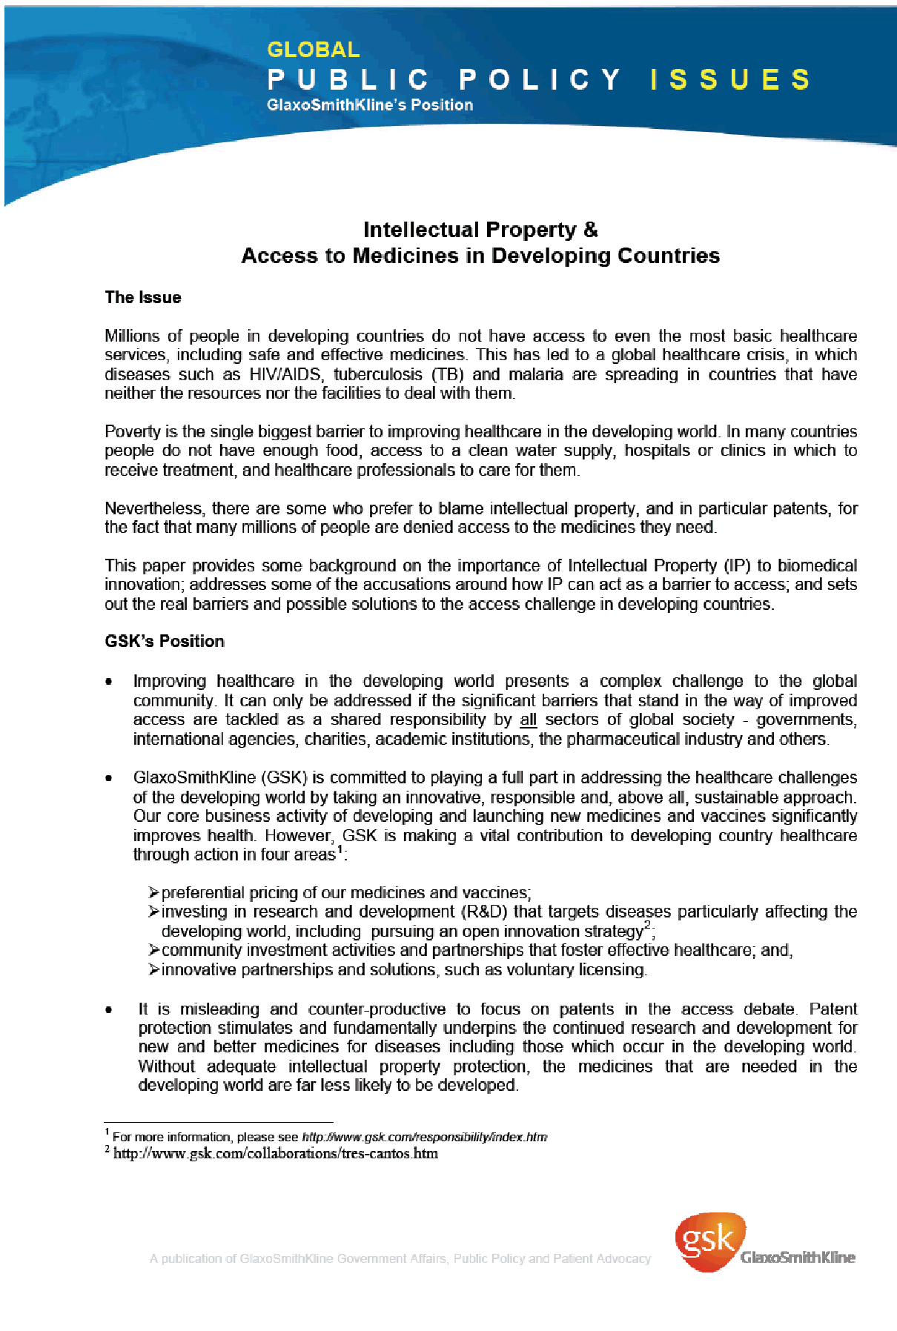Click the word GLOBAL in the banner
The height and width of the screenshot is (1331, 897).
(313, 50)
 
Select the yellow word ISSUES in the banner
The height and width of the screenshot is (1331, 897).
(730, 80)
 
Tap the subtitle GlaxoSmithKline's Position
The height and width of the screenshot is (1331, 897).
(369, 105)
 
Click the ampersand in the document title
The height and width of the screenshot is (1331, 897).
(590, 230)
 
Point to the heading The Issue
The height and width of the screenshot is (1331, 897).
(143, 298)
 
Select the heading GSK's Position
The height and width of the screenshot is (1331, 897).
(165, 642)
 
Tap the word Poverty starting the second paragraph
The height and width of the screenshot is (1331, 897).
(132, 432)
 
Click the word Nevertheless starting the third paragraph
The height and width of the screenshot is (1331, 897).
(153, 509)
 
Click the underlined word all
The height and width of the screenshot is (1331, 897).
(528, 720)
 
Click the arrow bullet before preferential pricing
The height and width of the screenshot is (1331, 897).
(153, 893)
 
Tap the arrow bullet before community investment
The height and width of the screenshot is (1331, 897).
(153, 951)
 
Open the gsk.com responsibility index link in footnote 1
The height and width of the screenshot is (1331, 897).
(424, 1138)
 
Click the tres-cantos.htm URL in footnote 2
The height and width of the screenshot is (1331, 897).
(276, 1154)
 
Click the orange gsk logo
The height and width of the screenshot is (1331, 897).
(709, 1241)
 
